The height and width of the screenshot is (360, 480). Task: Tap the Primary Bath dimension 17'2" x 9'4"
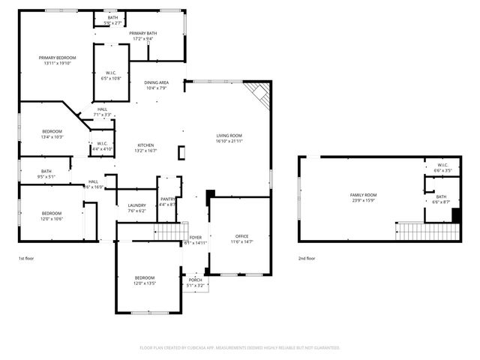[x=142, y=39]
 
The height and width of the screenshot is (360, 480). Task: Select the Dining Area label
[x=156, y=82]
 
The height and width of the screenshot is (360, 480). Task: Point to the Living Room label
[x=229, y=135]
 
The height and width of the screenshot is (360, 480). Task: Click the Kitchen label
[x=145, y=145]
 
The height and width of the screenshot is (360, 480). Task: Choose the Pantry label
[x=167, y=199]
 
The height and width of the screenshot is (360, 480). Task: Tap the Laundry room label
[x=136, y=205]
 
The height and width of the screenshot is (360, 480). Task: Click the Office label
[x=241, y=236]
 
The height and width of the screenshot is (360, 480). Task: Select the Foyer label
[x=195, y=238]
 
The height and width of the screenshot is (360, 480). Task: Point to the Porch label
[x=195, y=280]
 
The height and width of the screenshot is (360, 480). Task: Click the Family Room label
[x=363, y=195]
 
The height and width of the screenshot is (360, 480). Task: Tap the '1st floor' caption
[x=27, y=258]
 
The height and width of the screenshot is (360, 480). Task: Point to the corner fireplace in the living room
[x=259, y=93]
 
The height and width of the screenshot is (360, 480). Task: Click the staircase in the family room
[x=426, y=231]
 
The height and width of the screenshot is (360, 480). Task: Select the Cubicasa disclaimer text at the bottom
[x=240, y=348]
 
